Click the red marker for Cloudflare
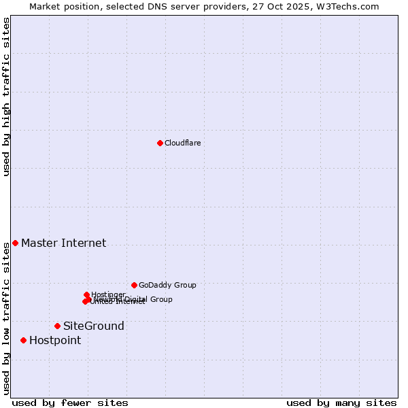(160, 143)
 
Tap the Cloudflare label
(182, 143)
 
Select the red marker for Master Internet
(15, 243)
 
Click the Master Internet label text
(63, 243)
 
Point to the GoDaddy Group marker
(134, 285)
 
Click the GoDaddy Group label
(167, 285)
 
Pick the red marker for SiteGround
(57, 326)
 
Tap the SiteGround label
(94, 326)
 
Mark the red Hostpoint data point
(23, 340)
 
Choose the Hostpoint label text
(54, 340)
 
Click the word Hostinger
(108, 294)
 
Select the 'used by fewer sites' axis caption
(70, 403)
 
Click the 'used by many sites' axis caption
(341, 403)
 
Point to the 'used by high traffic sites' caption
(6, 97)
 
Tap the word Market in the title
(44, 6)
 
